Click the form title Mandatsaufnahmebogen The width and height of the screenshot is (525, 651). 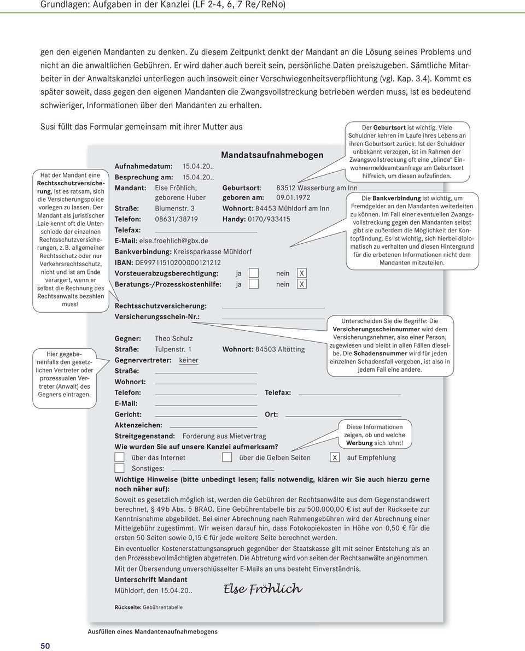272,155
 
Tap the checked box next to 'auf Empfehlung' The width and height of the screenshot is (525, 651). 335,458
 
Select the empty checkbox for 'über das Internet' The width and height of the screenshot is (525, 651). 119,458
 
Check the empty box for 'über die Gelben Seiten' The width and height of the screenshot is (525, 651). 227,458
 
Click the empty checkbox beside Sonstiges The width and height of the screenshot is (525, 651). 119,468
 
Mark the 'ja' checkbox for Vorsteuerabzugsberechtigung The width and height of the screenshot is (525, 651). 253,273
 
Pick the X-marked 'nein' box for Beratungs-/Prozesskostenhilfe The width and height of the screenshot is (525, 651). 302,284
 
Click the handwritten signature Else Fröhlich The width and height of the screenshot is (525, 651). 262,589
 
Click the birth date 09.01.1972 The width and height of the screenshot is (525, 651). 293,198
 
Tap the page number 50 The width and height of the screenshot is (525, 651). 45,646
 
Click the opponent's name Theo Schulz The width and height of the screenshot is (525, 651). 173,338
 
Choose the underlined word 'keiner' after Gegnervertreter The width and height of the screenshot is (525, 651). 189,360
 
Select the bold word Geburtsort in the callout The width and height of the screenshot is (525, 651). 389,128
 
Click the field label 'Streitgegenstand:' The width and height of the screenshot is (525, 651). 144,436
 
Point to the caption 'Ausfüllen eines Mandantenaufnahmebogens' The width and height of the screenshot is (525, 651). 153,631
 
